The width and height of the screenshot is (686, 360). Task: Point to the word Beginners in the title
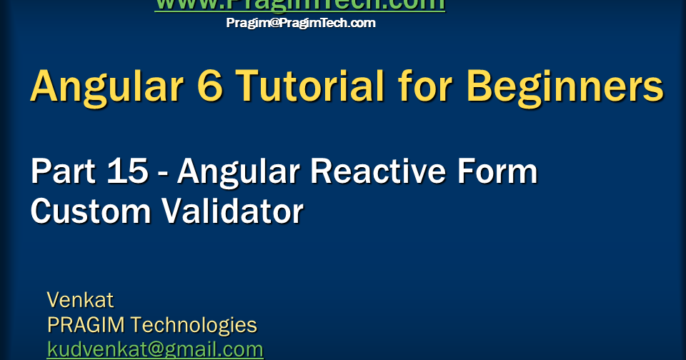coord(565,86)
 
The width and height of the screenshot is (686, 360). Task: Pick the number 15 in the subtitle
coord(129,173)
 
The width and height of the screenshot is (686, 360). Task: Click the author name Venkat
coord(80,299)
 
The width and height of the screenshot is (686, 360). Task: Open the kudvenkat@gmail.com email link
coord(155,349)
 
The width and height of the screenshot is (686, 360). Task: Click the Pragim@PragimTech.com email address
coord(300,23)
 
